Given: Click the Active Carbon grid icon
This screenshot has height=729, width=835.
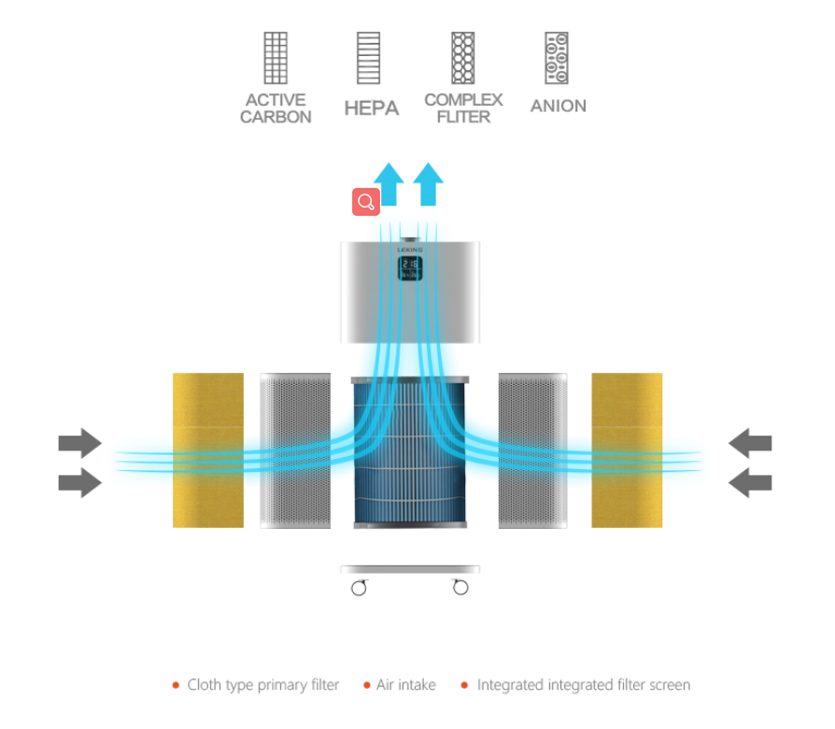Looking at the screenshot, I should coord(276,58).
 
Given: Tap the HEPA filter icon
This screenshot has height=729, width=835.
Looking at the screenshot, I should coord(369,58).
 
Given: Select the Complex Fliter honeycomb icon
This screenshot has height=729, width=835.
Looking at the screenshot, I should coord(463,58).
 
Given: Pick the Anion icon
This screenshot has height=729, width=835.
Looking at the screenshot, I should coord(557,58).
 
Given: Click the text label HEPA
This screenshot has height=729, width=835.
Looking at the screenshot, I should coord(371,107).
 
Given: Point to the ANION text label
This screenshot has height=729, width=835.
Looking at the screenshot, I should coord(559,107).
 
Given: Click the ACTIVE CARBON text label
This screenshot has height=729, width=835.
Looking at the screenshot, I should coord(276,108).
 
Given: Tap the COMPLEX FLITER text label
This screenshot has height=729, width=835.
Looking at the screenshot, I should coord(463,108).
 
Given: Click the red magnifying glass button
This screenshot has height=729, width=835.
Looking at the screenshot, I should coord(366,201).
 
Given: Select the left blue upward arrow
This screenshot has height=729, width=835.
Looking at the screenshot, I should coord(389,184).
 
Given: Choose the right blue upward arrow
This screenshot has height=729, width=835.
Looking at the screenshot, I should coord(429,184).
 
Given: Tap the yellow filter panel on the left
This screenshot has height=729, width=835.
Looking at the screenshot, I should coord(208,450).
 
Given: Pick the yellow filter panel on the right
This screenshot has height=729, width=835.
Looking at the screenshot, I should coord(627,450).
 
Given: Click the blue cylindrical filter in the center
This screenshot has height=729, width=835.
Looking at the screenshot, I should coord(410,451).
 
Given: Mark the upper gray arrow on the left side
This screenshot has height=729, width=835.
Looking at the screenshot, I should coord(79,442).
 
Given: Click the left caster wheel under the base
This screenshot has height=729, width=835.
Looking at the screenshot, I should coord(359,587).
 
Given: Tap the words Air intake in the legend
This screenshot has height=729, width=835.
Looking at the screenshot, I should coord(406,685).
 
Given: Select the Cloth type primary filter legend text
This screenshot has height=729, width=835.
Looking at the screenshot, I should coord(263,685).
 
